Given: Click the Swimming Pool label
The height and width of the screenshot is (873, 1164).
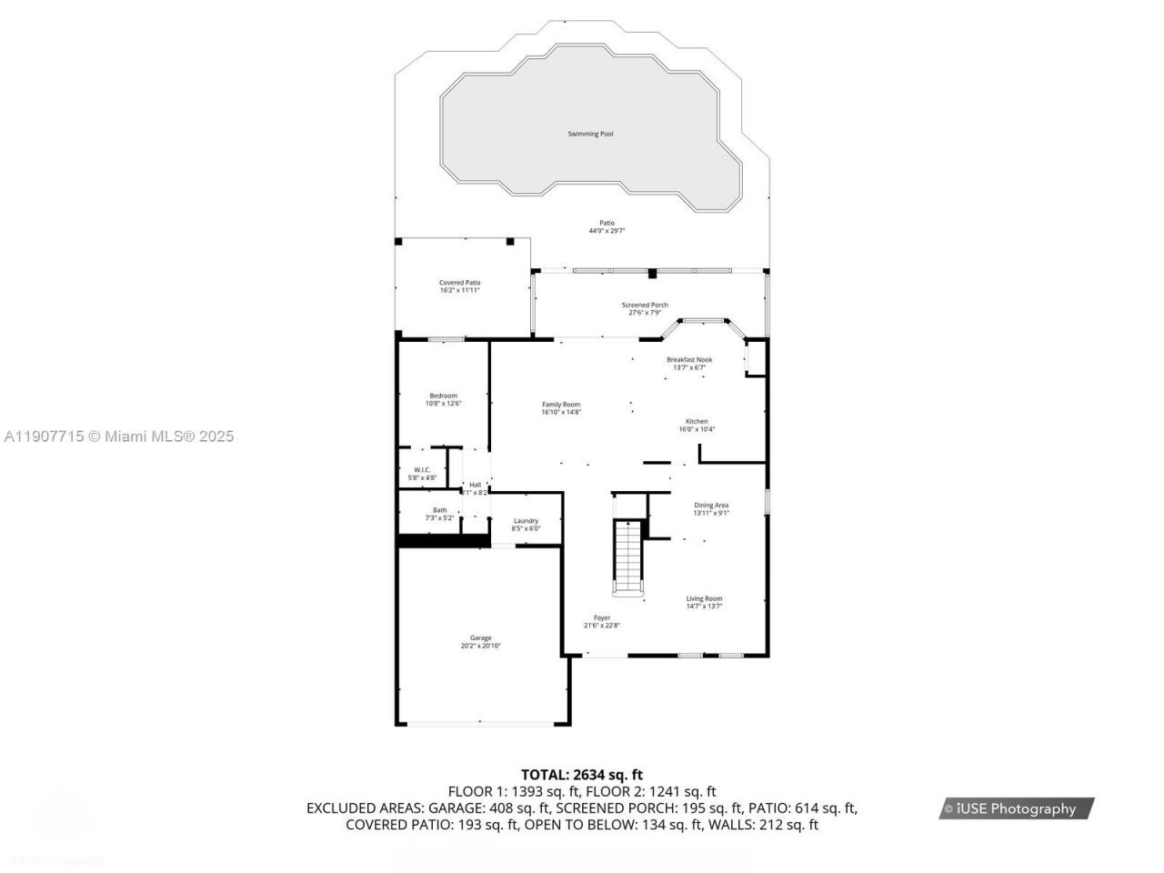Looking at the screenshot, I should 590,134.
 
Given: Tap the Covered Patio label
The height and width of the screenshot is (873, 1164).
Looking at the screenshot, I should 459,283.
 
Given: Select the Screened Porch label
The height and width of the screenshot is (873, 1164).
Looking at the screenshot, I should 645,305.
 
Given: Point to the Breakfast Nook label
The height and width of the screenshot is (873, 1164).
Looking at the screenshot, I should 689,359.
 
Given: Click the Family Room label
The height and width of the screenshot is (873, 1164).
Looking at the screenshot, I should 561,405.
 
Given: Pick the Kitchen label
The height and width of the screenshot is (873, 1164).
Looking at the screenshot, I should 697,421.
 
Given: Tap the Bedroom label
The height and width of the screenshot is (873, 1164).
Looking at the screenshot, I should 444,396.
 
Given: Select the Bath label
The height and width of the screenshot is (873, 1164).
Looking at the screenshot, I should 439,510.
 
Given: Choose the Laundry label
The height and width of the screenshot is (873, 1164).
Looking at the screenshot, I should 526,520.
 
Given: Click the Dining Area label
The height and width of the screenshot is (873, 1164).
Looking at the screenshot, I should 711,505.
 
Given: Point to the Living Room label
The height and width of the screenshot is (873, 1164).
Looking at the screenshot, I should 704,598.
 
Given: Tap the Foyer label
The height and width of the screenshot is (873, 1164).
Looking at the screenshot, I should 602,617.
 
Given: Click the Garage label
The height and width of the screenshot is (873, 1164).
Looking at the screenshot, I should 480,637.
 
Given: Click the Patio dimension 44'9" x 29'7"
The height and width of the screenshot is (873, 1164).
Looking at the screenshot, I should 607,231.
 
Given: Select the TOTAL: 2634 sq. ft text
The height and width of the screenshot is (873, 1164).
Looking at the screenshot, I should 582,775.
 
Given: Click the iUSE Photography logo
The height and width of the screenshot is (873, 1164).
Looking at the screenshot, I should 1016,808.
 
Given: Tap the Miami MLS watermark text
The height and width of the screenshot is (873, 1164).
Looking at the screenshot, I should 119,436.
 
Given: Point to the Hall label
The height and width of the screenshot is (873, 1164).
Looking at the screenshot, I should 475,485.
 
